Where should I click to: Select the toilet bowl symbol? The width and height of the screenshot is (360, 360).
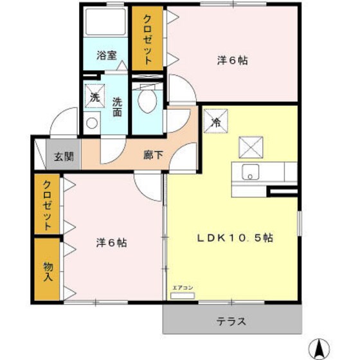[x=148, y=102]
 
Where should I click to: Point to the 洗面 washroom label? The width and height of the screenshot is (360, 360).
[x=118, y=106]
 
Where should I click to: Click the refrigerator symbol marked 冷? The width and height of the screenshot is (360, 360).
[x=215, y=120]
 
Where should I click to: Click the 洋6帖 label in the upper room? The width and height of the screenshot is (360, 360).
[x=232, y=61]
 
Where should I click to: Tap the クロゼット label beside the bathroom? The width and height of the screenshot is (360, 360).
[x=147, y=39]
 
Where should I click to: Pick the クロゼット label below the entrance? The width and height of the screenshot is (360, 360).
[x=48, y=206]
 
